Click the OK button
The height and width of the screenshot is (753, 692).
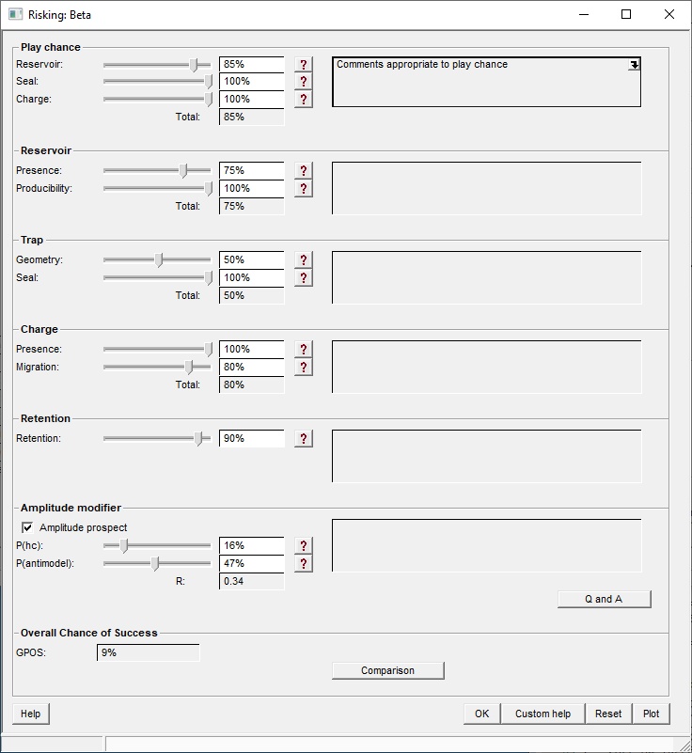pos(481,714)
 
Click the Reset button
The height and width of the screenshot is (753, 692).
pos(608,714)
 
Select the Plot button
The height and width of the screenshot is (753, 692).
pos(651,714)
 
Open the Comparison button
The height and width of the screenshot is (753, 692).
pos(387,670)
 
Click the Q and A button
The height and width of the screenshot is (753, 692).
pos(604,599)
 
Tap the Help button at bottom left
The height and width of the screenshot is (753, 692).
pos(30,714)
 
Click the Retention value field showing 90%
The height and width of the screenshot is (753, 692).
pos(251,438)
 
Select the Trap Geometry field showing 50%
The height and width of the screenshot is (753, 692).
pos(251,259)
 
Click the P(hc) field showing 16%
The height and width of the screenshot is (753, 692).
pos(251,545)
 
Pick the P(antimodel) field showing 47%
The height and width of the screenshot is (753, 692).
pos(251,563)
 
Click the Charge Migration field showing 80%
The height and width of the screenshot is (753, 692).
pos(251,367)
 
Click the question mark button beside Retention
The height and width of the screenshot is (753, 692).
pos(304,438)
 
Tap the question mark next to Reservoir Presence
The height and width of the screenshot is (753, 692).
pos(304,170)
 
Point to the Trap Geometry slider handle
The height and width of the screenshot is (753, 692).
pos(158,259)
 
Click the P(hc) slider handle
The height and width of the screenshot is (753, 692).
pos(123,545)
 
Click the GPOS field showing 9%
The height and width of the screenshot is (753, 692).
pos(148,652)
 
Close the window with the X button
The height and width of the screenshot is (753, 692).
pos(669,14)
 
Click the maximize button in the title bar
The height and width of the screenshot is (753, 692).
pos(626,14)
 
